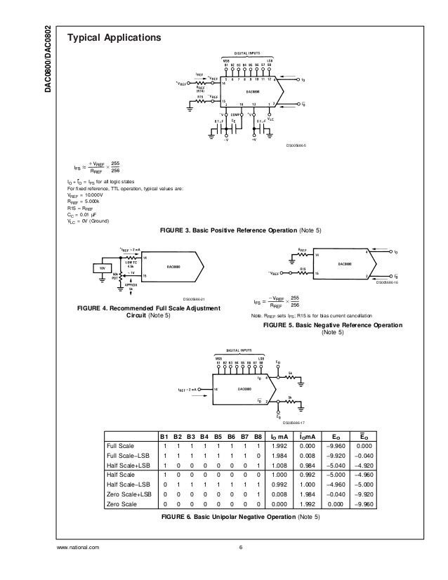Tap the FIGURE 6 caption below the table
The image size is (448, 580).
point(239,518)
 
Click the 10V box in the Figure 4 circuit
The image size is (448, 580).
point(102,268)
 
